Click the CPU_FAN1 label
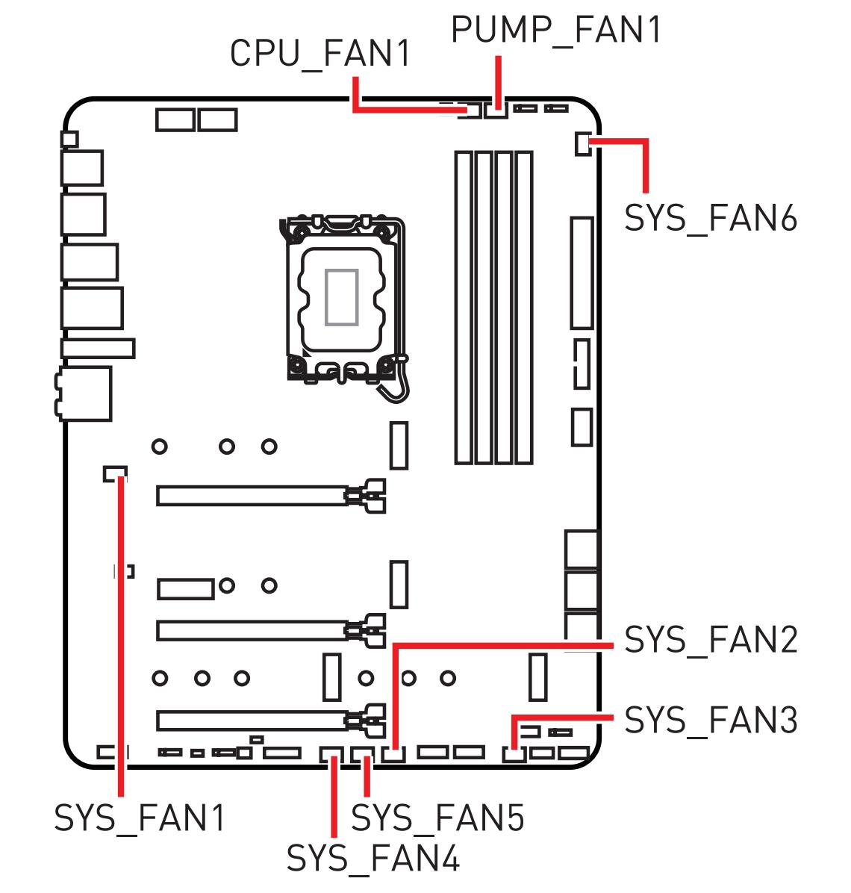[x=319, y=55]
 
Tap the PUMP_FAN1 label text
[x=556, y=31]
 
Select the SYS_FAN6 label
[x=710, y=219]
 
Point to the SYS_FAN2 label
[x=710, y=640]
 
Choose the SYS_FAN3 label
[x=710, y=721]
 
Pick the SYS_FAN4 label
[x=373, y=859]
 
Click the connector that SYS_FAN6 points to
[x=583, y=143]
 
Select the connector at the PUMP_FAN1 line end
[x=496, y=111]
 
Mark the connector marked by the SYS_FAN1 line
[x=114, y=473]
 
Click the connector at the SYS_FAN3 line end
[x=513, y=753]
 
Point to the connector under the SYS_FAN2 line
[x=394, y=753]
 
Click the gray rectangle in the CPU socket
[x=342, y=297]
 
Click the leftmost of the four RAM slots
[x=464, y=307]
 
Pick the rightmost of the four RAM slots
[x=524, y=307]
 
